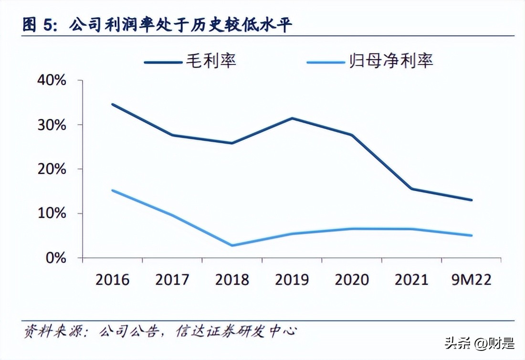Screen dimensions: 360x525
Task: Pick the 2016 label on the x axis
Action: [112, 279]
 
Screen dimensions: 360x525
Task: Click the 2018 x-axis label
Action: [232, 279]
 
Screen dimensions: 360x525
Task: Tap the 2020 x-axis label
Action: [352, 279]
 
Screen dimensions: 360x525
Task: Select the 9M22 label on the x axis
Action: [471, 279]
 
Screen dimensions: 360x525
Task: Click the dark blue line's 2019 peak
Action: [292, 118]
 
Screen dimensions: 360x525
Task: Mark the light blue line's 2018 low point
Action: [232, 245]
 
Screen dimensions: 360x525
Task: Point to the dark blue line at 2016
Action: [113, 104]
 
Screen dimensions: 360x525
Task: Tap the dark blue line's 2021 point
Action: [411, 189]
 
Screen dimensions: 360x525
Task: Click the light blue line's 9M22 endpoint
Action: [471, 235]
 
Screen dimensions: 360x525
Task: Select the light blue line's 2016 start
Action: [113, 191]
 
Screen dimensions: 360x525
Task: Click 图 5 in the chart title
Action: [38, 24]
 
